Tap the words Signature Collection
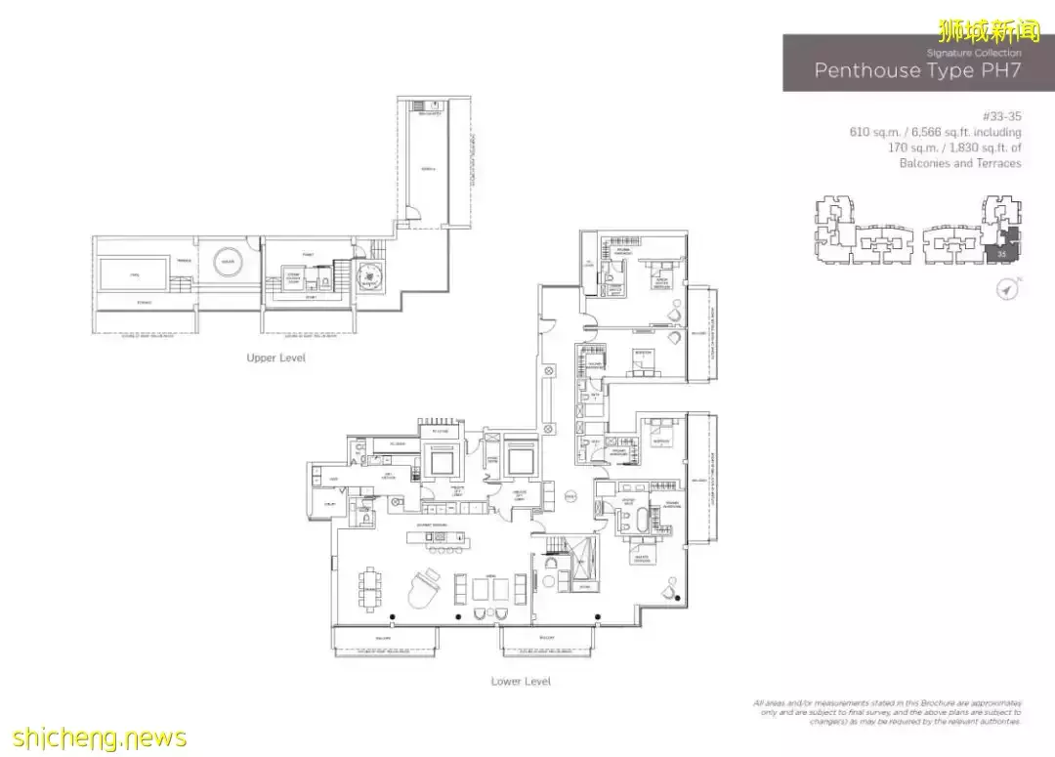click(x=973, y=53)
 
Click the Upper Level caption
click(x=275, y=358)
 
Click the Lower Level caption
click(x=521, y=681)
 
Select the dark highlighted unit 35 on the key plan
click(x=1002, y=253)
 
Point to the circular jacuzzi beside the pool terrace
click(x=228, y=263)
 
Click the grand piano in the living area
click(x=426, y=588)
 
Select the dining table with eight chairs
click(x=372, y=589)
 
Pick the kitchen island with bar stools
click(x=441, y=537)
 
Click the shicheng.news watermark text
click(x=94, y=736)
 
